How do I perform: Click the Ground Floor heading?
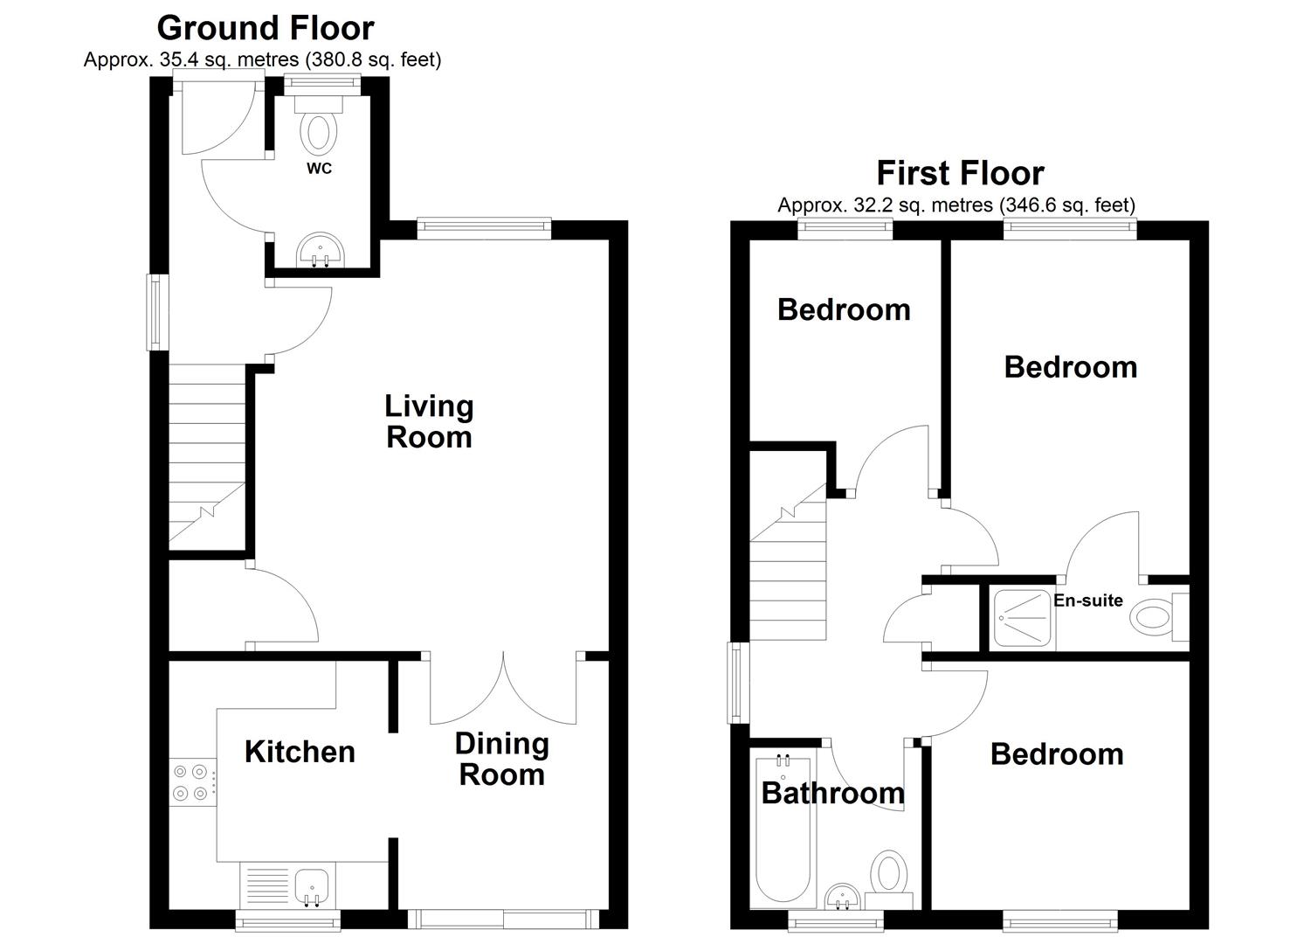(266, 29)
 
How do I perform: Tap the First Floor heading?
(960, 173)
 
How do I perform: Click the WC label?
(319, 169)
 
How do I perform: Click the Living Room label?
(429, 422)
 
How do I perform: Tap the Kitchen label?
(300, 753)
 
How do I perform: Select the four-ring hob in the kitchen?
(193, 782)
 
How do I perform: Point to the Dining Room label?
(502, 760)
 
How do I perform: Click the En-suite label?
(1088, 600)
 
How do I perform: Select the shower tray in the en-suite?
(1022, 618)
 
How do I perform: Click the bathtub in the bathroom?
(783, 829)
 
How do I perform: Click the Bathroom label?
(832, 793)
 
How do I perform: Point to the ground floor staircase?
(207, 457)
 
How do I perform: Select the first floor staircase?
(788, 561)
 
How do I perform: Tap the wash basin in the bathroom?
(843, 896)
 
